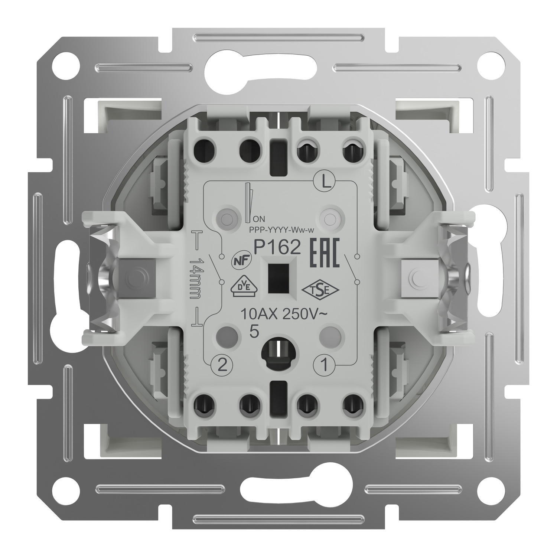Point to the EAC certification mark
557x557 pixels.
coord(325,254)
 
